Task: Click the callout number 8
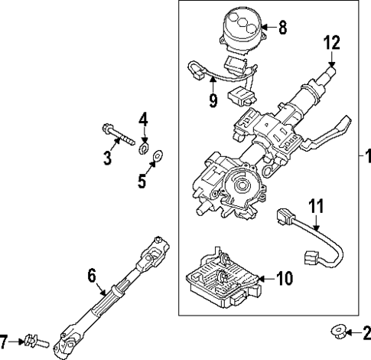(x=282, y=29)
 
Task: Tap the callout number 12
(x=330, y=43)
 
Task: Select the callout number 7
(x=5, y=339)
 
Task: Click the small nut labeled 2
(x=337, y=331)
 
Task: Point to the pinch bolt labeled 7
(x=31, y=339)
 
